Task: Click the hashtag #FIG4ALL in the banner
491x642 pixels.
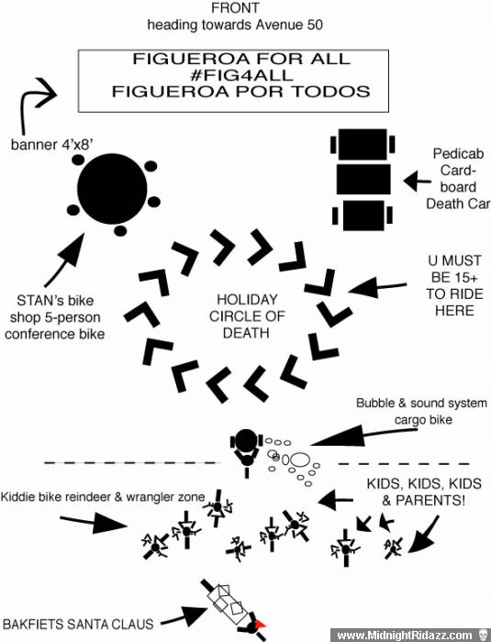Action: click(241, 75)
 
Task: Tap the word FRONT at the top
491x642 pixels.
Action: click(235, 7)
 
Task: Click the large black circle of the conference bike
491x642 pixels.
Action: click(112, 189)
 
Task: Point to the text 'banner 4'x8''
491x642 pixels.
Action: click(50, 145)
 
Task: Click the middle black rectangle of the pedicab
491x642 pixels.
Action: click(363, 180)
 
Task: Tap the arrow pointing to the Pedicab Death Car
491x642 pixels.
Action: click(418, 181)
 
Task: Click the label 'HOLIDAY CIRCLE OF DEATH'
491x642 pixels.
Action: click(247, 316)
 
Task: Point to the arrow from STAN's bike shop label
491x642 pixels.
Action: click(65, 260)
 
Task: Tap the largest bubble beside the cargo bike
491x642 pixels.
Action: click(299, 459)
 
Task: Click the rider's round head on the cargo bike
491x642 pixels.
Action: click(246, 439)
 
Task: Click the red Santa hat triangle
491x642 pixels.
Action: click(260, 625)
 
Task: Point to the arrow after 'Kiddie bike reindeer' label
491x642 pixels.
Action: click(94, 523)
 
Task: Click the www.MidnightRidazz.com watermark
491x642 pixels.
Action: click(404, 635)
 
